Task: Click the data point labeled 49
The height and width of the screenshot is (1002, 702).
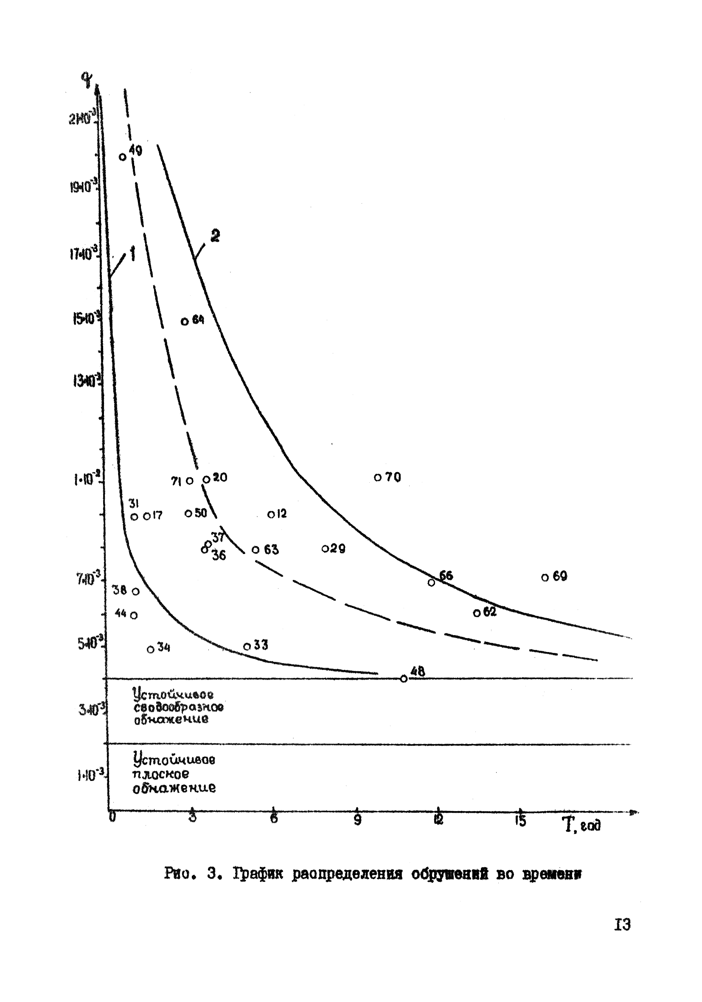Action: pos(123,157)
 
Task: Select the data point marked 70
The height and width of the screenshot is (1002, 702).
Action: pos(378,477)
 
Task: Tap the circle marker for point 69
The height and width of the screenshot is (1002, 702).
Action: pos(545,577)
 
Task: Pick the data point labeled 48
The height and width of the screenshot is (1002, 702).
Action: pos(404,679)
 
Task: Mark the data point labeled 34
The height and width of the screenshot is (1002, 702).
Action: pos(151,649)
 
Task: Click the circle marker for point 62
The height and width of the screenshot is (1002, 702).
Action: pos(477,613)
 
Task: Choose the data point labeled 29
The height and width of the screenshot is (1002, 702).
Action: pos(325,549)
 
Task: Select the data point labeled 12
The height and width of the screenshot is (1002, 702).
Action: pos(271,515)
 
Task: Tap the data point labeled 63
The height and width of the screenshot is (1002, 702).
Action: pos(256,549)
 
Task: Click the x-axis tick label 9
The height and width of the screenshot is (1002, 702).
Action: pos(357,820)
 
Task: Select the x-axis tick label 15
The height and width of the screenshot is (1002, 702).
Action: pos(519,821)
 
